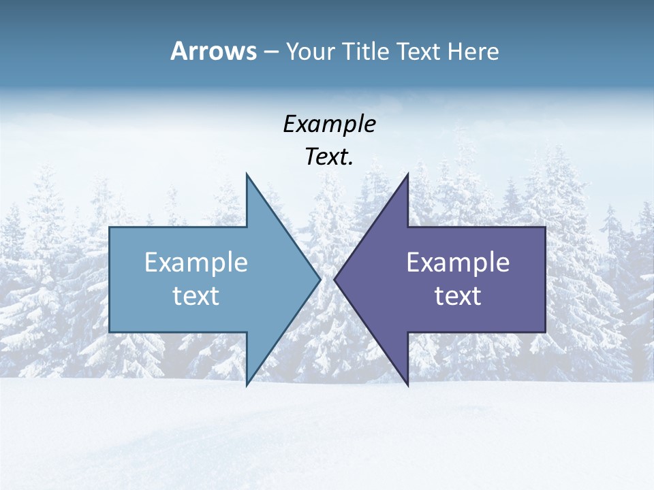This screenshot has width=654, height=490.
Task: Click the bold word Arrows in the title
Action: [213, 51]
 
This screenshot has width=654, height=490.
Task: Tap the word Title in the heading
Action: [368, 52]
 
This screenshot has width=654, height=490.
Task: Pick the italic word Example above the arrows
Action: [329, 124]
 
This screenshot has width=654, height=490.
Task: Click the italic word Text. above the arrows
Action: [329, 157]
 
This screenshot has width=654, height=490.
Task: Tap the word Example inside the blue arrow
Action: [196, 262]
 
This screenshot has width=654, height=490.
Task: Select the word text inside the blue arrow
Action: [196, 295]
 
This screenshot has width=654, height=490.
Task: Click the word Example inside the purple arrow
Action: [458, 262]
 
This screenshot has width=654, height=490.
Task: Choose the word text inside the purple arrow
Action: [458, 295]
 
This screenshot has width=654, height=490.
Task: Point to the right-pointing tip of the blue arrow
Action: [320, 279]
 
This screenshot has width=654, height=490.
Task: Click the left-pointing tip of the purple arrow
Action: [334, 279]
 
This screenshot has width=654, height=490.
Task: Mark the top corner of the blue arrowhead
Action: [247, 174]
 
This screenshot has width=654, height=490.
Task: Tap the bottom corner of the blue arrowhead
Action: [247, 385]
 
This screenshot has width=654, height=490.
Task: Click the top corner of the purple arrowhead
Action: [407, 174]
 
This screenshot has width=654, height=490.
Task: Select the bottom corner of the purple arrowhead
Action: [407, 385]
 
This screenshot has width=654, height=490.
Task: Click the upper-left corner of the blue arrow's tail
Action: [110, 227]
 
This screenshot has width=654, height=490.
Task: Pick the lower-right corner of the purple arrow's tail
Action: [545, 332]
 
